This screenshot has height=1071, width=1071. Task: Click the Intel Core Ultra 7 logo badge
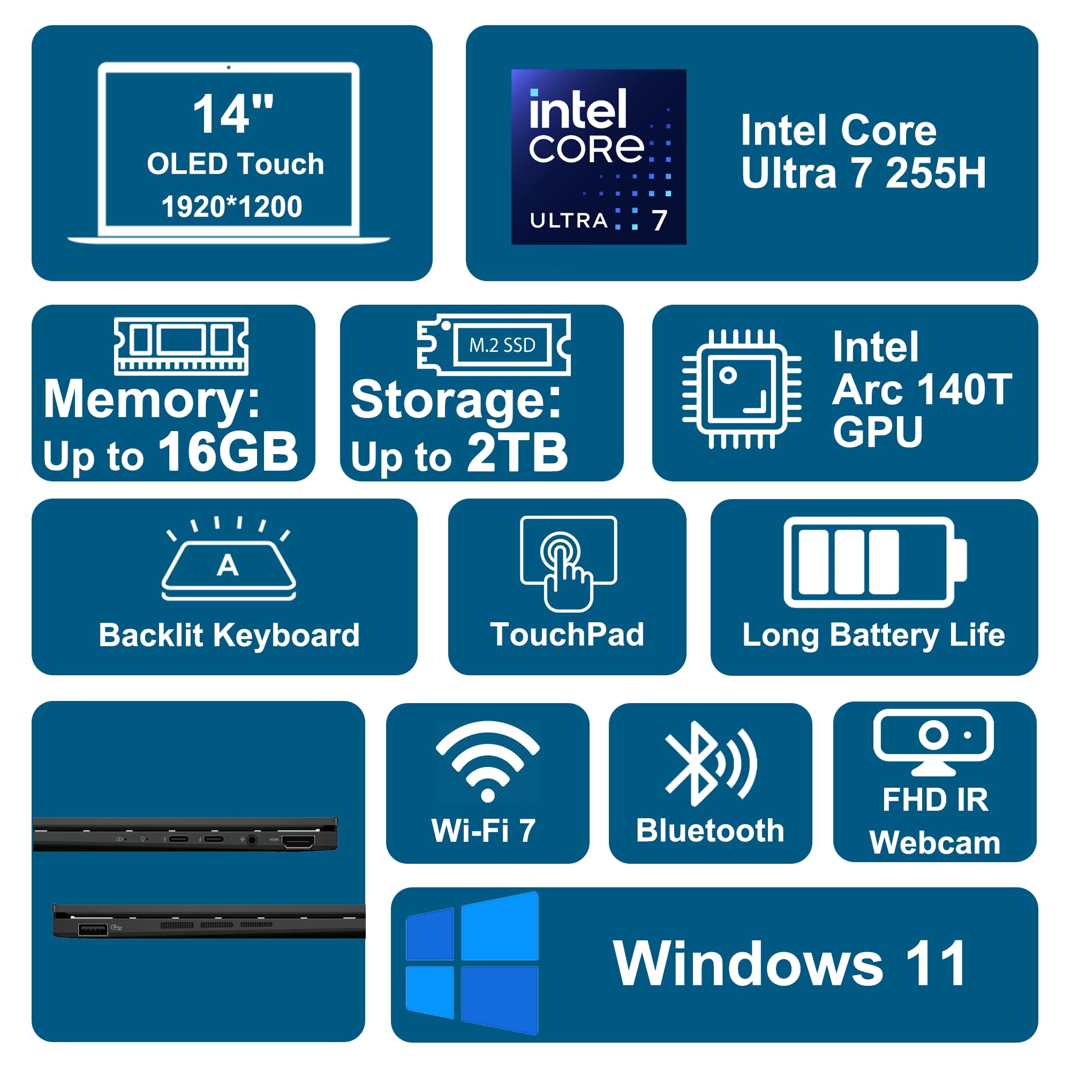click(x=598, y=156)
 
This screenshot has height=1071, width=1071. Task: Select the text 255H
click(x=936, y=173)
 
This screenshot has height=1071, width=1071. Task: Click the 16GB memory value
click(x=228, y=452)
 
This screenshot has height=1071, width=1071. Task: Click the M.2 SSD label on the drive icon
click(x=502, y=345)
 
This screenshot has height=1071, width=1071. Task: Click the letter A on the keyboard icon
click(x=228, y=565)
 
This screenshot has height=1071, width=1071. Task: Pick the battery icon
click(x=874, y=562)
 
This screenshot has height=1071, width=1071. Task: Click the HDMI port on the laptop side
click(x=298, y=842)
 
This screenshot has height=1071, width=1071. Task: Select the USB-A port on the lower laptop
click(x=93, y=929)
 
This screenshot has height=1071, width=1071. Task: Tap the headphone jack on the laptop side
click(x=252, y=840)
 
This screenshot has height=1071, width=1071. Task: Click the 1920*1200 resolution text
click(x=232, y=207)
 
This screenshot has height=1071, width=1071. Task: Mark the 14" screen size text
click(x=233, y=114)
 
